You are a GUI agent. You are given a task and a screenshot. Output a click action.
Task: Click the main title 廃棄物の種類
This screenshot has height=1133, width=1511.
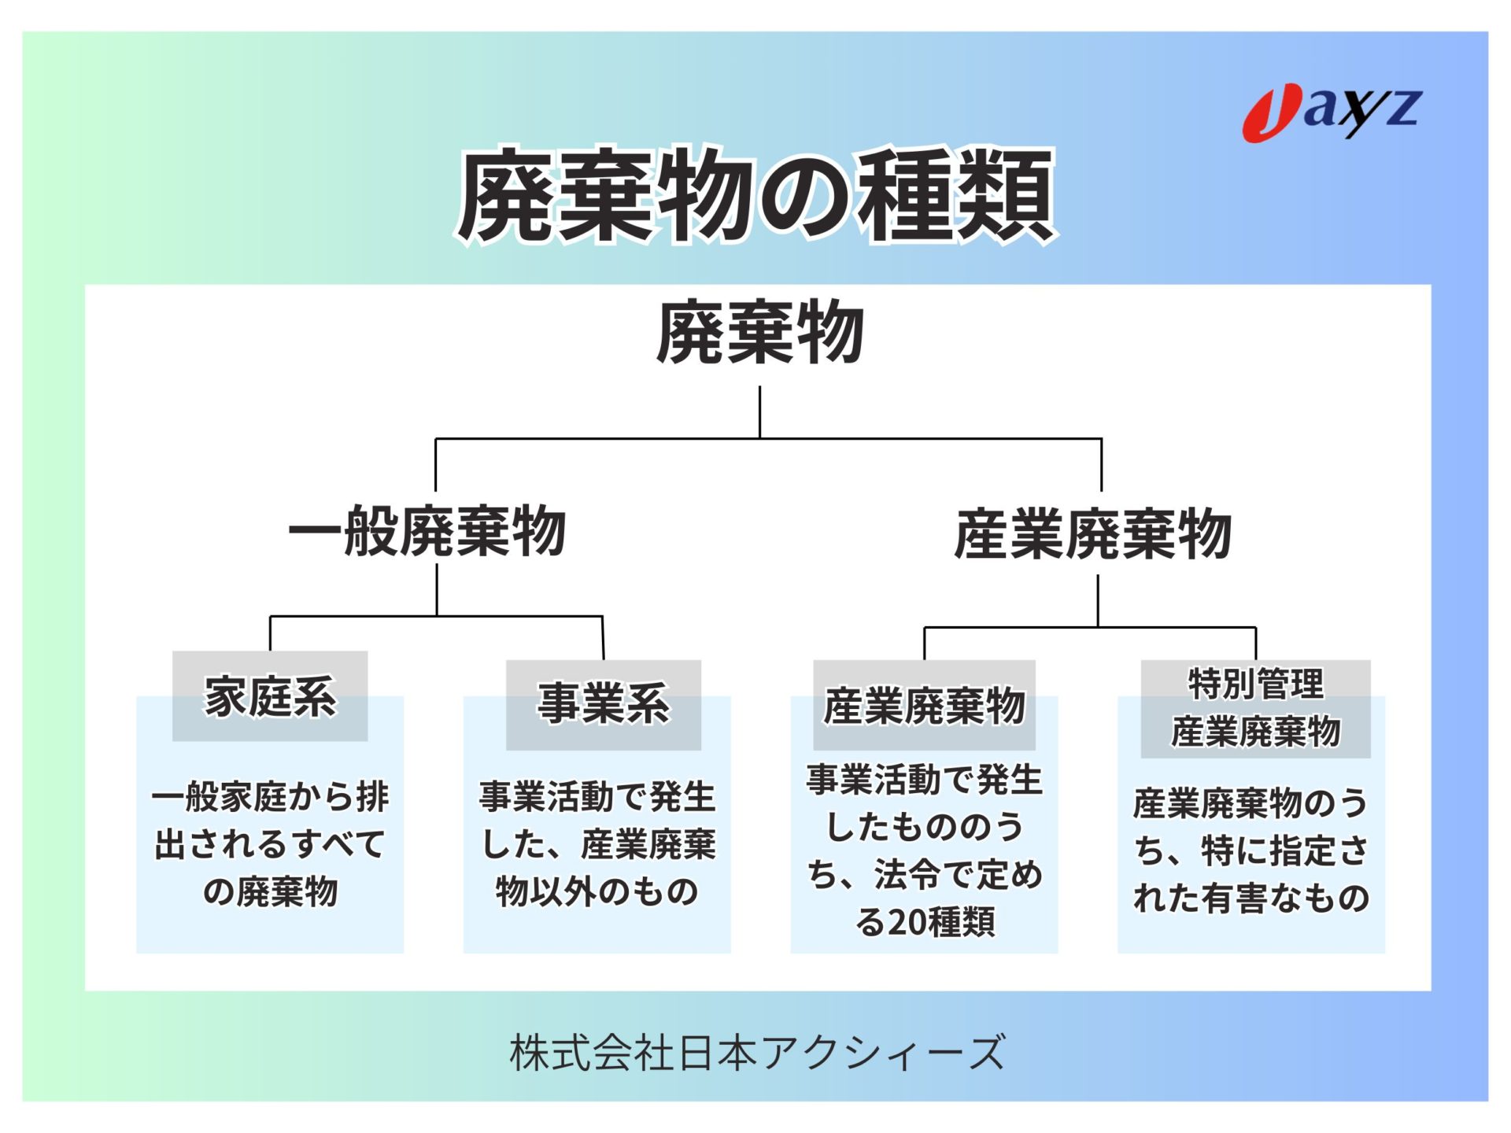[x=755, y=195]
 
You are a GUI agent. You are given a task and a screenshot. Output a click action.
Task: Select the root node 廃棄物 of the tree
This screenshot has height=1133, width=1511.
[x=759, y=333]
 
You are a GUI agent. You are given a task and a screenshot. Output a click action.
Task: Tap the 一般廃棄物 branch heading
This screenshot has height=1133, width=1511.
[x=427, y=532]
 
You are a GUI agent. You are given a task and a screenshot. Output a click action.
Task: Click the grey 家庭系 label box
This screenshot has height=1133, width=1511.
[x=270, y=696]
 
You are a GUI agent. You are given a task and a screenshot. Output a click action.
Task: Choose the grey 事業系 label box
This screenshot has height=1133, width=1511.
[x=603, y=704]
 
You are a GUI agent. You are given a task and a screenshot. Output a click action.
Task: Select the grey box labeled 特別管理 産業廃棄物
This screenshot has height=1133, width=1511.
[x=1255, y=708]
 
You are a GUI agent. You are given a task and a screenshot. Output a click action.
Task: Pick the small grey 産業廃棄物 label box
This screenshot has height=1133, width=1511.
[x=924, y=705]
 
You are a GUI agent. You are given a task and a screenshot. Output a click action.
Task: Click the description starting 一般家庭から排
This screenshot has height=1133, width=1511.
[x=270, y=843]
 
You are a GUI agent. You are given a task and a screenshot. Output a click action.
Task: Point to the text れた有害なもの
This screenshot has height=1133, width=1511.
[x=1251, y=899]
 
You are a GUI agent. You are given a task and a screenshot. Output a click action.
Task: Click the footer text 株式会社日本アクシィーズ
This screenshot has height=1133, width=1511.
[x=757, y=1053]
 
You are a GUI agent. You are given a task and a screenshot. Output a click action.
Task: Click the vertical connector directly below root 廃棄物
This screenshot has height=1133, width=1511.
[x=759, y=411]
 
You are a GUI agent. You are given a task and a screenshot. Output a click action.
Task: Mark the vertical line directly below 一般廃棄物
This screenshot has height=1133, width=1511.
[x=437, y=589]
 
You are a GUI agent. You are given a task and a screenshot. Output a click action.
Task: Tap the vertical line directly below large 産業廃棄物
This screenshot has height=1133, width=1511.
[x=1097, y=600]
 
